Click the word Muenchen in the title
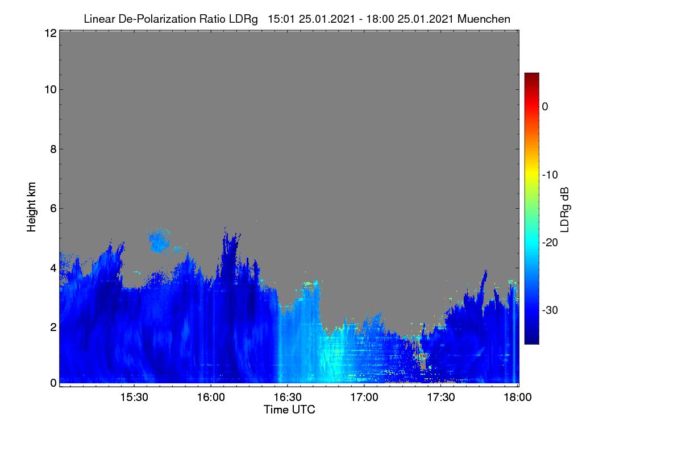point(484,19)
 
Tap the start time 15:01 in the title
point(281,19)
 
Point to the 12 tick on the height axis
point(51,33)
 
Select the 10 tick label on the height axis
point(51,90)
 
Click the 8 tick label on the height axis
point(54,149)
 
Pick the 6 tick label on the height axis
point(54,209)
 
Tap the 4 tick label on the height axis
point(54,268)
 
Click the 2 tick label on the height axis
point(54,327)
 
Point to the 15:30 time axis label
point(134,398)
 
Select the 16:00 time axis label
point(211,398)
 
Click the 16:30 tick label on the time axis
point(288,398)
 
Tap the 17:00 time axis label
point(364,398)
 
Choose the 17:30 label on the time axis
point(441,398)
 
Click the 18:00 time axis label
point(518,398)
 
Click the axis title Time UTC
point(289,409)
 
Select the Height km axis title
point(31,207)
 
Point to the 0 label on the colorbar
point(545,107)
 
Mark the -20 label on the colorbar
point(550,243)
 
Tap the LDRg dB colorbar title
point(565,210)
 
